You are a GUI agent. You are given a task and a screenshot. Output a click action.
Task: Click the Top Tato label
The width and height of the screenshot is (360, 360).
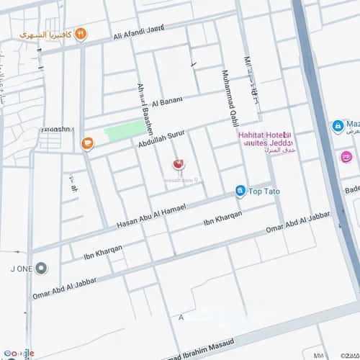coord(264,192)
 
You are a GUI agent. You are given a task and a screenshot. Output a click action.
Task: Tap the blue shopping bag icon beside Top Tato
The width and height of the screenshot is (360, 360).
coord(240,191)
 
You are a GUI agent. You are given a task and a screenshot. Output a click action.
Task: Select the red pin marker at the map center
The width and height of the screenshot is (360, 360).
coord(177,165)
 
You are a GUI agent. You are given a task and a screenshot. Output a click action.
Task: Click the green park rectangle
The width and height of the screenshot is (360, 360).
coord(125,131)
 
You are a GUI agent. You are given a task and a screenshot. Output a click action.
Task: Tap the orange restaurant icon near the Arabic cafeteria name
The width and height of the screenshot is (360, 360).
coord(81,33)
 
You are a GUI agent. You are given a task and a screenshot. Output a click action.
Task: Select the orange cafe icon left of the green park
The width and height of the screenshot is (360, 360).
coord(87,143)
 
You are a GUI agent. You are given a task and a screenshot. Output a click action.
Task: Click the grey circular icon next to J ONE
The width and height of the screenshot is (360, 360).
coord(42,269)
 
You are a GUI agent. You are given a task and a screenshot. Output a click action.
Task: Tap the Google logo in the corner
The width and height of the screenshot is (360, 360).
coord(18,353)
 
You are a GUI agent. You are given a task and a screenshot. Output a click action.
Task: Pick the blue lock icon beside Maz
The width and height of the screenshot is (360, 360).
coord(337,126)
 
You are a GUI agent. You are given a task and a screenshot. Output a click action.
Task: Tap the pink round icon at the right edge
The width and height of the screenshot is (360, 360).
coord(346,157)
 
